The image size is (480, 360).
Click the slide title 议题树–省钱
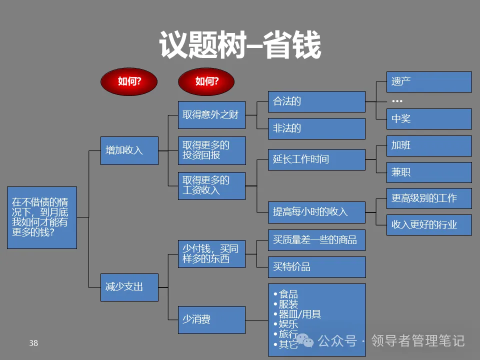click(x=240, y=45)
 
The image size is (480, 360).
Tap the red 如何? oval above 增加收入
click(x=129, y=81)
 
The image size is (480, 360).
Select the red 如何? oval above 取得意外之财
click(x=207, y=81)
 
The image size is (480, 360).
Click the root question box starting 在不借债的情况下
click(x=42, y=217)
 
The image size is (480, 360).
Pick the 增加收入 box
click(x=129, y=150)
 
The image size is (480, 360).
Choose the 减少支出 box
click(x=129, y=287)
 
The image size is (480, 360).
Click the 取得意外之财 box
click(x=212, y=115)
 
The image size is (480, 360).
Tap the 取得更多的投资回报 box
click(x=212, y=150)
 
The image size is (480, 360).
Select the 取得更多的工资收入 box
click(x=212, y=185)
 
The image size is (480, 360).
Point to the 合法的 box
click(x=316, y=101)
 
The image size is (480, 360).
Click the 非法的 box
click(x=316, y=128)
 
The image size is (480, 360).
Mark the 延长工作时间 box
click(x=316, y=159)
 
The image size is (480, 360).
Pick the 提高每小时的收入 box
click(x=316, y=211)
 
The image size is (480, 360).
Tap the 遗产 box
click(x=429, y=82)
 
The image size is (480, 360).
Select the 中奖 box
click(x=429, y=119)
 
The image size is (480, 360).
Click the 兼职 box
click(x=429, y=172)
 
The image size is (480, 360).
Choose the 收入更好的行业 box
click(x=429, y=225)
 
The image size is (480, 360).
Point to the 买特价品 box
click(x=316, y=267)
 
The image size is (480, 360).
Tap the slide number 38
click(x=33, y=343)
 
